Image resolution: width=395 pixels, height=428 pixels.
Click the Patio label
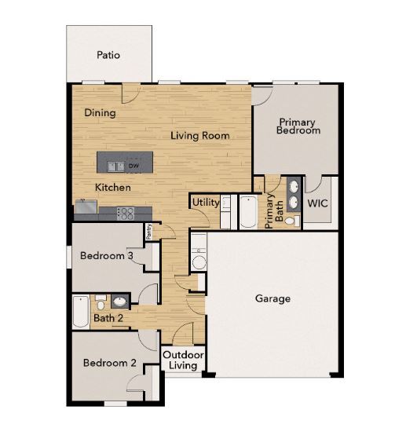pos(108,56)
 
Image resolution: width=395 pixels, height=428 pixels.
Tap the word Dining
pos(101,113)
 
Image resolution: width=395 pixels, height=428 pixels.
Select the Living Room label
pos(200,136)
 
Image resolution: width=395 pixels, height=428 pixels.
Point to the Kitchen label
pos(113,188)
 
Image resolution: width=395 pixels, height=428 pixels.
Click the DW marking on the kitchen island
pos(134,166)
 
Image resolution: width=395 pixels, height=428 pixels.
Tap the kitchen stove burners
pos(126,213)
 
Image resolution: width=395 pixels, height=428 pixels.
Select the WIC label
pos(318,203)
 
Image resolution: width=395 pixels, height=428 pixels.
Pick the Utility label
pos(206,203)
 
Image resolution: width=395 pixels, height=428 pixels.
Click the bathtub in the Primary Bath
pos(249,211)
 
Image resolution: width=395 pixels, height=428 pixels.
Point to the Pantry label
pos(148,232)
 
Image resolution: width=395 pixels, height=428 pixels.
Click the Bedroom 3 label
pos(107,256)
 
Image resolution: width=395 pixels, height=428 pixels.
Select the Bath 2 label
pos(108,318)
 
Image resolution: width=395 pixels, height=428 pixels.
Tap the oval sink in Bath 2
pos(120,301)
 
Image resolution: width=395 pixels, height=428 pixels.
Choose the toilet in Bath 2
pos(101,301)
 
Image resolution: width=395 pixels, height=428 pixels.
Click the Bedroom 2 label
pos(110,364)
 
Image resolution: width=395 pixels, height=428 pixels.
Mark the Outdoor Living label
pos(184,360)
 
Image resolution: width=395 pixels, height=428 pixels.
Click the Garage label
pos(272,298)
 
